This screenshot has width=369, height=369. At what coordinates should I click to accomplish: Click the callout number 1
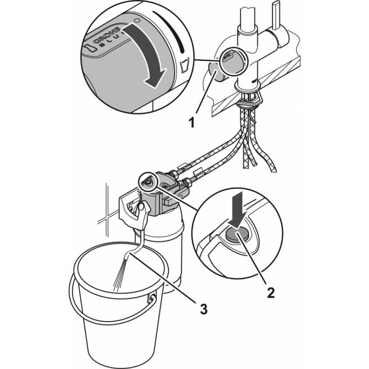coord(192,123)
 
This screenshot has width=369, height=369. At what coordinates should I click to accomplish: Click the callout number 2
coord(271,293)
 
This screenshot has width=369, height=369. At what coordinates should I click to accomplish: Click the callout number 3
coord(204,309)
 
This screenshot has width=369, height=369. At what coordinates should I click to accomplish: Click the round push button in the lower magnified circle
coord(237,235)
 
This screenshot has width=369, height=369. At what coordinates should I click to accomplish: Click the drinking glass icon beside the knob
coord(184,65)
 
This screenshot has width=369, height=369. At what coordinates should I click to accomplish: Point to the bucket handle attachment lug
coord(152,298)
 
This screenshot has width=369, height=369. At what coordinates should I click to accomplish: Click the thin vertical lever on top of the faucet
coord(276,15)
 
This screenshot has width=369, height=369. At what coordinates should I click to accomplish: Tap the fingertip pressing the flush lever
coord(141,207)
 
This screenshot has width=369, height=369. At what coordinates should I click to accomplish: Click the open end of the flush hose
coord(127,256)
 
